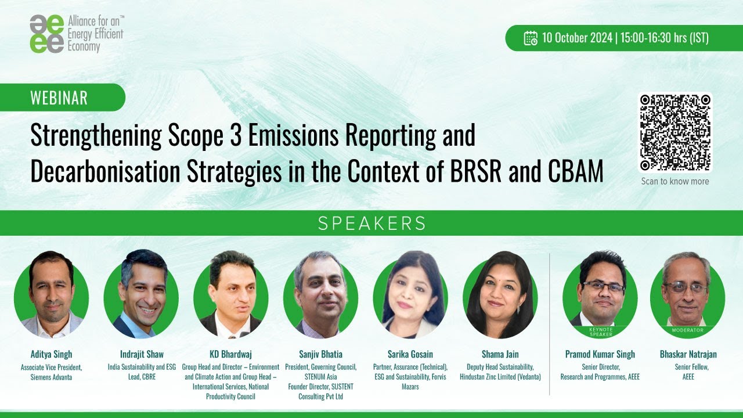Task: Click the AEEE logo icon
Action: [x=47, y=34]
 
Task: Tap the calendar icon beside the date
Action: [x=531, y=38]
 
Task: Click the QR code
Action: [x=675, y=132]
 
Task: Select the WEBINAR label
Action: [x=59, y=98]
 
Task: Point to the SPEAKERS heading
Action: [x=371, y=224]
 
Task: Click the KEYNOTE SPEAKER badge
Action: [x=600, y=331]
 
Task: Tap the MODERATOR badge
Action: [x=687, y=330]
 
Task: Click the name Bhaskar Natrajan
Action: [x=688, y=354]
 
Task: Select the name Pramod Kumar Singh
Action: [x=600, y=354]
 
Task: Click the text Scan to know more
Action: [x=675, y=181]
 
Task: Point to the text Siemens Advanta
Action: [x=51, y=377]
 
